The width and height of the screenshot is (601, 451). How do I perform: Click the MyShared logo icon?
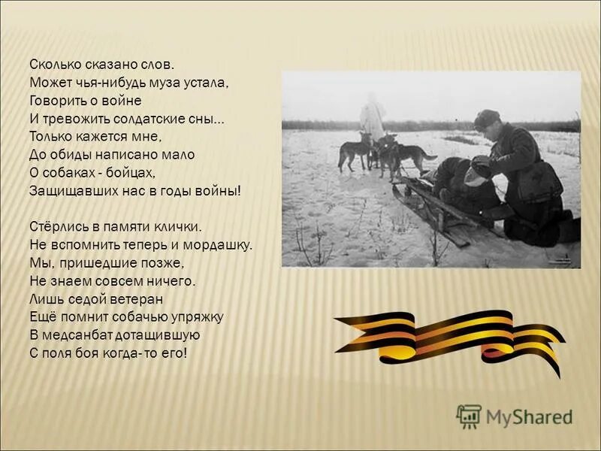(x=469, y=416)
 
